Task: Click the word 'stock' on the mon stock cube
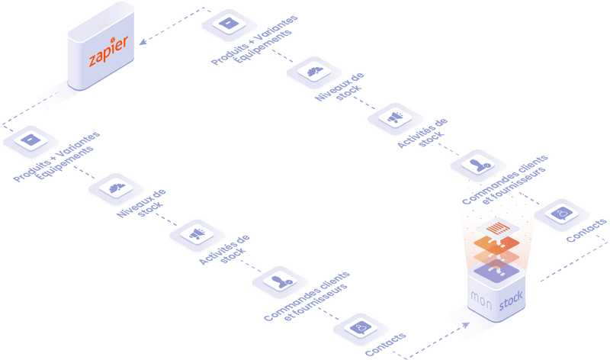coord(510,305)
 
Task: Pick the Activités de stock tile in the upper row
coord(394,116)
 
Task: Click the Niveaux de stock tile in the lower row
coord(116,188)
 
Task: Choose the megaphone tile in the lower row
coord(197,233)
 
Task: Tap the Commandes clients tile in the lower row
coord(279,281)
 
